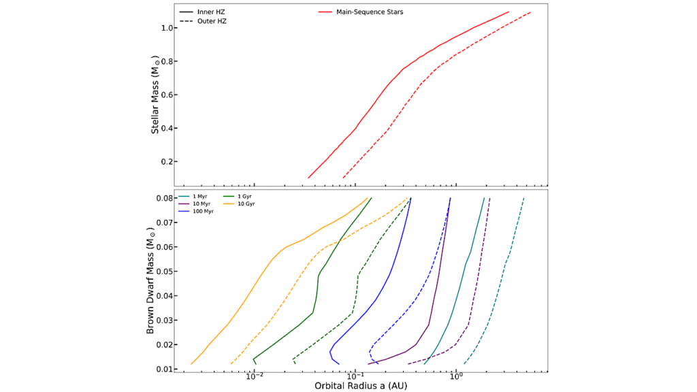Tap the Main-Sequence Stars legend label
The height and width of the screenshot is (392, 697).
(370, 12)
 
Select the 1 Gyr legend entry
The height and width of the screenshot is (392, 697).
(244, 197)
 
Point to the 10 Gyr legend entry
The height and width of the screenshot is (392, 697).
(246, 204)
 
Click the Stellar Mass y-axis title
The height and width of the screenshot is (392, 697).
(155, 95)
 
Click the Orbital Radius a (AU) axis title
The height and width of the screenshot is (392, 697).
(361, 386)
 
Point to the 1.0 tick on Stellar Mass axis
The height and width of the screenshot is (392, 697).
(165, 29)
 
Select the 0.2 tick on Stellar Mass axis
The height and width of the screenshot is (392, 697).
(165, 162)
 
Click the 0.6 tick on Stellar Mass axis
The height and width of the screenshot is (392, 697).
(165, 95)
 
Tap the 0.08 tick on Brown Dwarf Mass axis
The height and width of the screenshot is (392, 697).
(163, 198)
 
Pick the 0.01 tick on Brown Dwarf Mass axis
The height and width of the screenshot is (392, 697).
(163, 369)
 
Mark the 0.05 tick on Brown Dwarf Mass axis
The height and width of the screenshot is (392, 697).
(163, 272)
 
